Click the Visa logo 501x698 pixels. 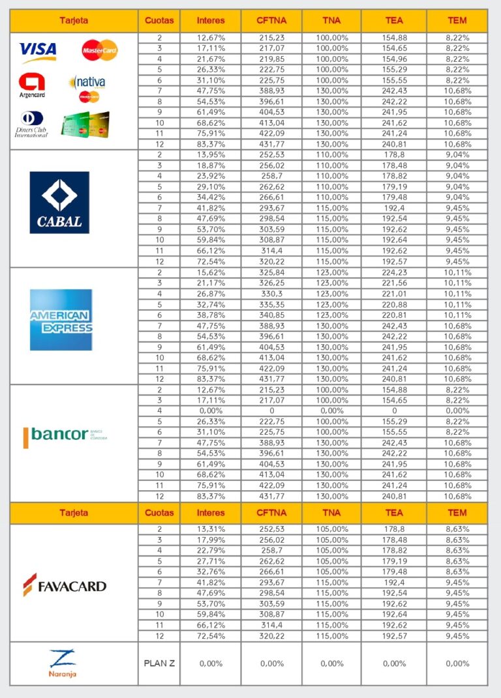(38, 51)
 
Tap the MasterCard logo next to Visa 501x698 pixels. (100, 50)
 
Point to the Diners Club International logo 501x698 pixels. (31, 124)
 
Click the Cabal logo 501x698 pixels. (59, 202)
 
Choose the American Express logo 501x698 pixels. (61, 319)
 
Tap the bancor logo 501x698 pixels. (65, 435)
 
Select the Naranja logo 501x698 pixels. (63, 663)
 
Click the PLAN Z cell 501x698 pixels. (159, 663)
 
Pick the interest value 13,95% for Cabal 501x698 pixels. (210, 154)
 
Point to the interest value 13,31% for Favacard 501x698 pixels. (210, 529)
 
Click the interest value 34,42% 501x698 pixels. (210, 197)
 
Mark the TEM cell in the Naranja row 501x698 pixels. (457, 663)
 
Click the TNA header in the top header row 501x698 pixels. (331, 20)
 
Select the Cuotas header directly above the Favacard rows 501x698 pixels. (159, 513)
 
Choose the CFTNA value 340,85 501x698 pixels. (271, 315)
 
